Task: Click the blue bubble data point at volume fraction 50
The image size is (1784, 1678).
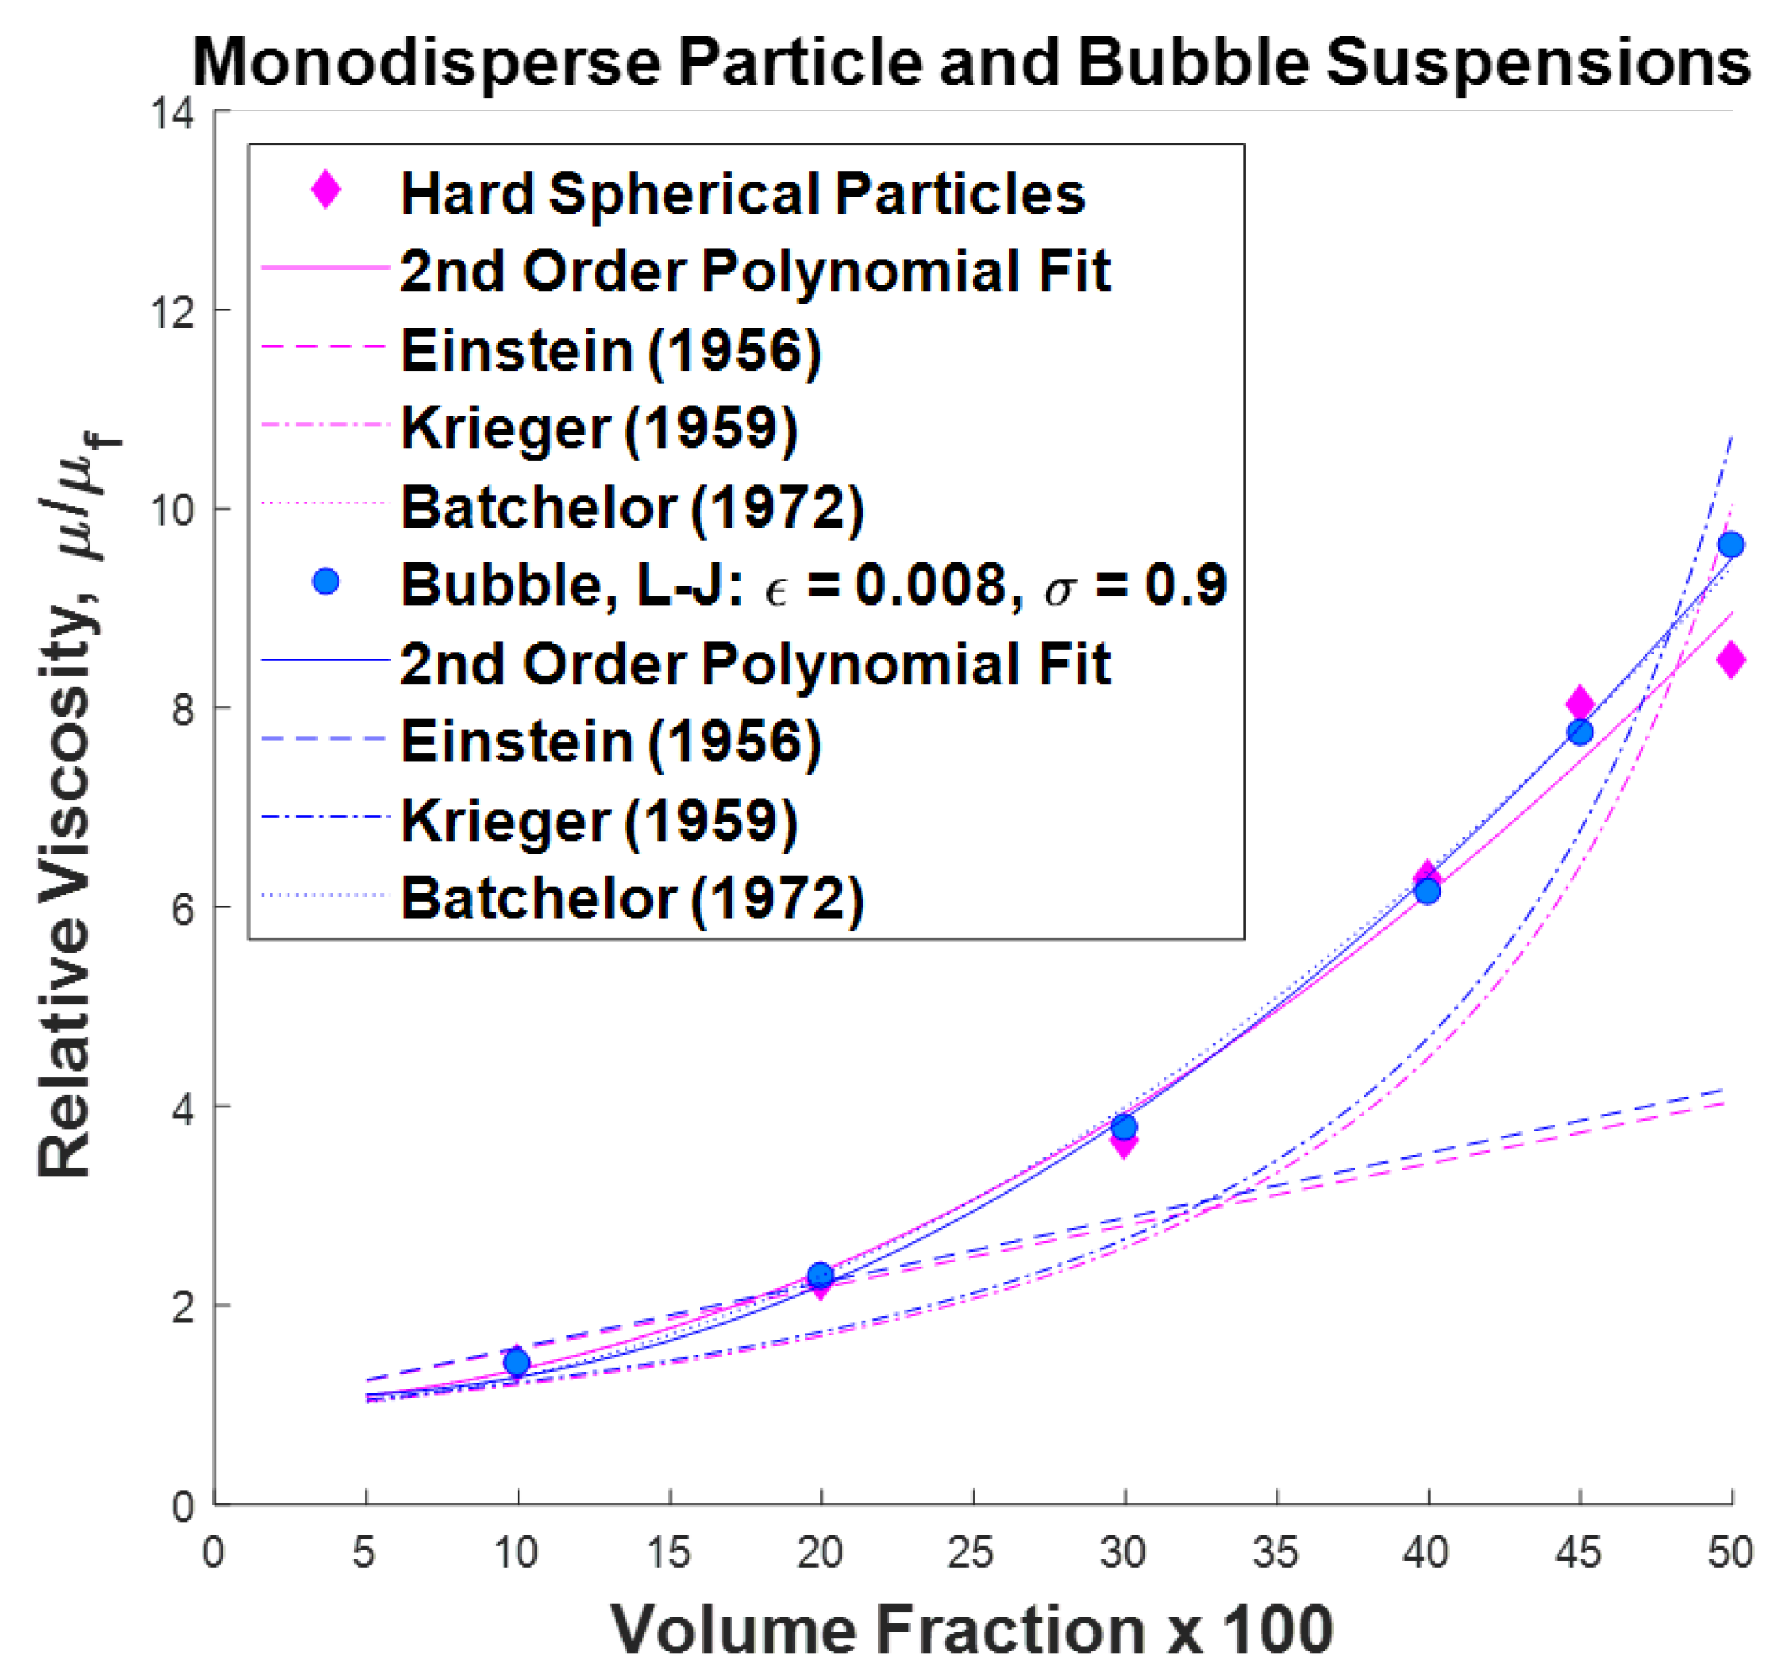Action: (x=1729, y=545)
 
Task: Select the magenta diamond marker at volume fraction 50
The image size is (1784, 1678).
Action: (x=1729, y=660)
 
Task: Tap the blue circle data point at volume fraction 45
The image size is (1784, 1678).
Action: (x=1578, y=732)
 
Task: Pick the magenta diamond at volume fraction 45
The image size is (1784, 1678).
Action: (x=1579, y=703)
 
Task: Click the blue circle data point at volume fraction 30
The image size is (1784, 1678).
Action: (x=1123, y=1127)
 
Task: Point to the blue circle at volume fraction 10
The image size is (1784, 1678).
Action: (x=517, y=1363)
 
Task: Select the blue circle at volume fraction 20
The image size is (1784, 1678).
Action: (x=819, y=1275)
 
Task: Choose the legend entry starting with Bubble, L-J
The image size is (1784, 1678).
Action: (x=812, y=585)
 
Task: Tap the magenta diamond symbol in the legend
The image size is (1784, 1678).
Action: (x=326, y=190)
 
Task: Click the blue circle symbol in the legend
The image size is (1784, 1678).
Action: (x=326, y=581)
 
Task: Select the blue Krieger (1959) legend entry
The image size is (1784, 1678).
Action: (x=599, y=820)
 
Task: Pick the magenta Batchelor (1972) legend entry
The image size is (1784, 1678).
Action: (x=632, y=507)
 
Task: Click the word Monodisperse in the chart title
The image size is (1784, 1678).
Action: (x=426, y=63)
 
